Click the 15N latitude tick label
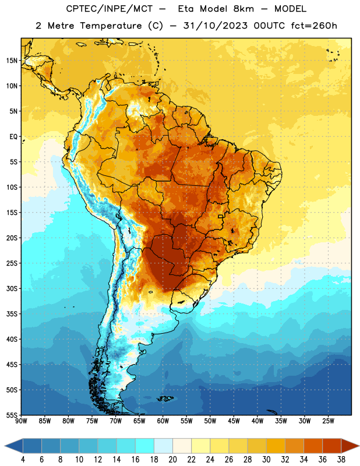click(12, 61)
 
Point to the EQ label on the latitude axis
click(13, 137)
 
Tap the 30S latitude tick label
click(12, 288)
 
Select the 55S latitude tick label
click(12, 415)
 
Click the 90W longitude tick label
click(21, 421)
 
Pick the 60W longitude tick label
click(163, 421)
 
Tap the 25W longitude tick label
click(328, 421)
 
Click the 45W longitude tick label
click(234, 421)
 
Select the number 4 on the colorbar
click(23, 460)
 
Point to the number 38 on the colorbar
click(341, 460)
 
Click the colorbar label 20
click(172, 460)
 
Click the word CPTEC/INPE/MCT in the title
click(110, 9)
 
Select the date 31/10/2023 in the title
click(215, 26)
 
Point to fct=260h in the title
click(314, 26)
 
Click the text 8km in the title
click(243, 9)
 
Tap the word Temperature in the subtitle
click(111, 26)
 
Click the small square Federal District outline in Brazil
click(221, 216)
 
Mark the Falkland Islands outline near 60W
click(165, 398)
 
